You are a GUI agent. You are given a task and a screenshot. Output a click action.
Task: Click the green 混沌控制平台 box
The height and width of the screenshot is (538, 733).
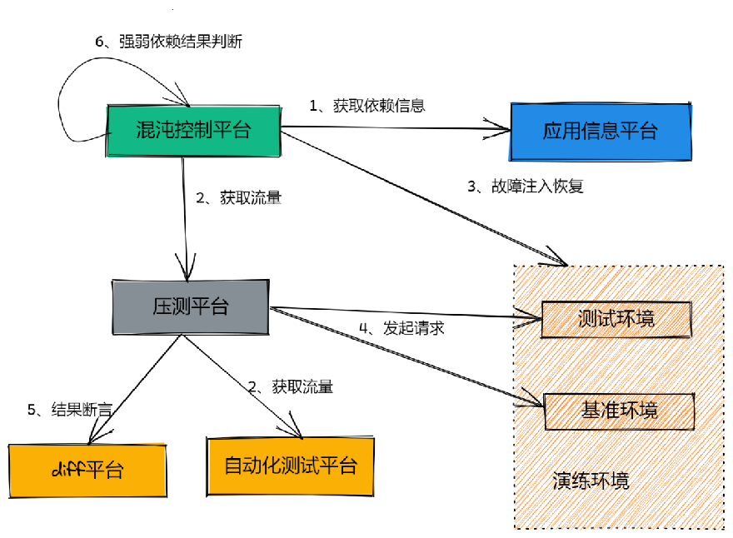tap(192, 131)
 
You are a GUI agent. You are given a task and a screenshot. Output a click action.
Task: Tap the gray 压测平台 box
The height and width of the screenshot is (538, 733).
tap(190, 306)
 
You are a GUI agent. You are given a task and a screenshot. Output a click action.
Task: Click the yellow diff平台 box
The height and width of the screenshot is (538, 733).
tap(87, 470)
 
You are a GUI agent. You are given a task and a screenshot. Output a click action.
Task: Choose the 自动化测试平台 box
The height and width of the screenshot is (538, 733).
tap(290, 466)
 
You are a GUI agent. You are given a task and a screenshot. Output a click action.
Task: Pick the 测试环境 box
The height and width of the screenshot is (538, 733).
tap(616, 319)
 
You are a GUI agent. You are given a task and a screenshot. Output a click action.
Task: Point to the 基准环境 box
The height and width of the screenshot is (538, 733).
tap(619, 410)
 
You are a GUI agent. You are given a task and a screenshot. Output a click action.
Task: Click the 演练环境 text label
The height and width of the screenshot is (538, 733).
tap(591, 481)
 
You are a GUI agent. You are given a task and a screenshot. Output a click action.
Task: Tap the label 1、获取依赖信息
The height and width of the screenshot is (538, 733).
tap(367, 106)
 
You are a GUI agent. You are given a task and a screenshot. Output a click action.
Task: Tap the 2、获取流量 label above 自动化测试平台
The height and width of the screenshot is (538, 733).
tap(291, 386)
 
